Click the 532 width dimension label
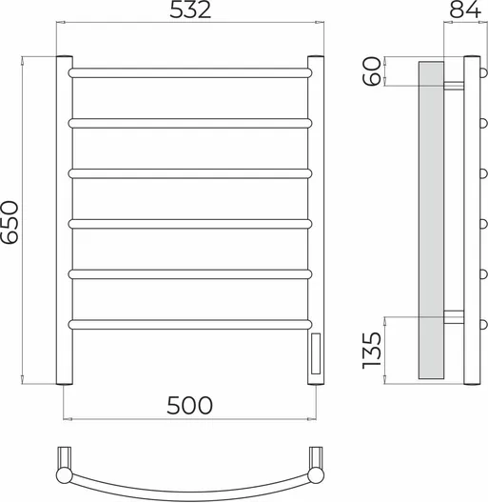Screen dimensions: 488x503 point(190,10)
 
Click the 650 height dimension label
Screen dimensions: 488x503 point(10,222)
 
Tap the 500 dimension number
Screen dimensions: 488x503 point(189,406)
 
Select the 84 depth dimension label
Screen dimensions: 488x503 point(465,10)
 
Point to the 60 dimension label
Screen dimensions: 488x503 point(372,70)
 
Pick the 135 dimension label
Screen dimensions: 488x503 point(372,351)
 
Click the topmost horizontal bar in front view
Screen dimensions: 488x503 point(190,72)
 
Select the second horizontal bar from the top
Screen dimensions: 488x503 point(190,123)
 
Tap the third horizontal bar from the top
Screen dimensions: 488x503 point(190,173)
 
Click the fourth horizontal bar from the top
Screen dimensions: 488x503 point(190,224)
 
